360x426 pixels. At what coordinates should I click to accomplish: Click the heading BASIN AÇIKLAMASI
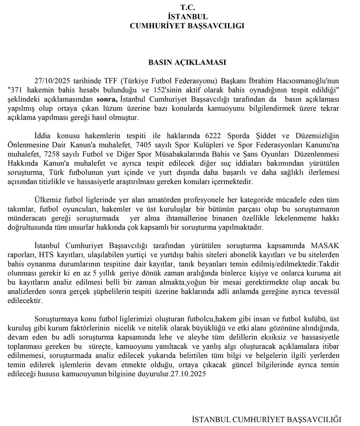187,62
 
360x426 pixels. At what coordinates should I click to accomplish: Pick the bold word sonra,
107,99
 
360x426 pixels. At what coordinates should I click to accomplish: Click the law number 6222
214,136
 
